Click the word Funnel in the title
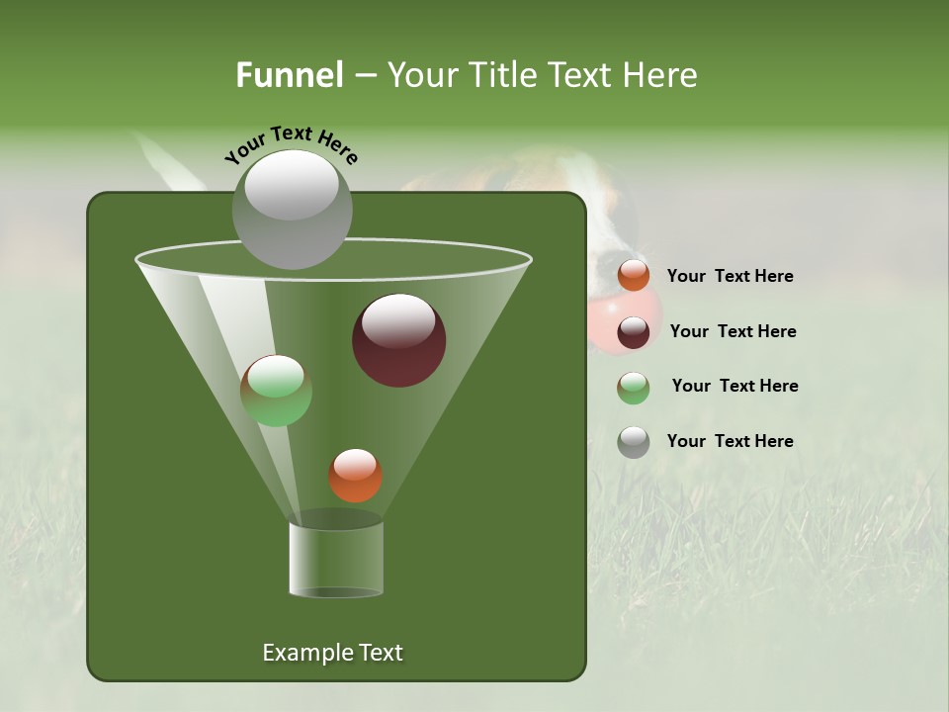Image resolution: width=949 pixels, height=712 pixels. [x=289, y=74]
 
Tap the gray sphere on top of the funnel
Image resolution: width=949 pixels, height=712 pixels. [x=293, y=209]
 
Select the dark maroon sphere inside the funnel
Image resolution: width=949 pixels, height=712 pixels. [x=399, y=340]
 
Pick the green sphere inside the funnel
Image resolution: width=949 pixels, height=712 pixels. [x=276, y=391]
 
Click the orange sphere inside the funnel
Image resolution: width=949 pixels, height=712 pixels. [x=355, y=476]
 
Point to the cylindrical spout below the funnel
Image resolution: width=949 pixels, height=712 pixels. [x=336, y=559]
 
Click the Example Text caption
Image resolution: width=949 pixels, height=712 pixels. [x=332, y=653]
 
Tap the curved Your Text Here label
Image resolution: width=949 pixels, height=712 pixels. [x=291, y=144]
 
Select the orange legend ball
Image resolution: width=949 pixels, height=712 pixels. [x=634, y=276]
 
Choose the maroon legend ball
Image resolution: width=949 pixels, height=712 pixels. [x=634, y=332]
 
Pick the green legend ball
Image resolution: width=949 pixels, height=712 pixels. [x=634, y=388]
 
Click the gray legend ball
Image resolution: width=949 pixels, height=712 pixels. [x=634, y=442]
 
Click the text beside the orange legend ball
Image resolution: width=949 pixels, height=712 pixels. [x=730, y=277]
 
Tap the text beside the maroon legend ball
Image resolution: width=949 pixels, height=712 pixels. [x=733, y=332]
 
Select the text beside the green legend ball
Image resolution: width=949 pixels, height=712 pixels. [x=734, y=387]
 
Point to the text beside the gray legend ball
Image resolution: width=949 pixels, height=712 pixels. [x=730, y=442]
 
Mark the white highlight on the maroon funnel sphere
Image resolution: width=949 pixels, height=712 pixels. [x=399, y=320]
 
